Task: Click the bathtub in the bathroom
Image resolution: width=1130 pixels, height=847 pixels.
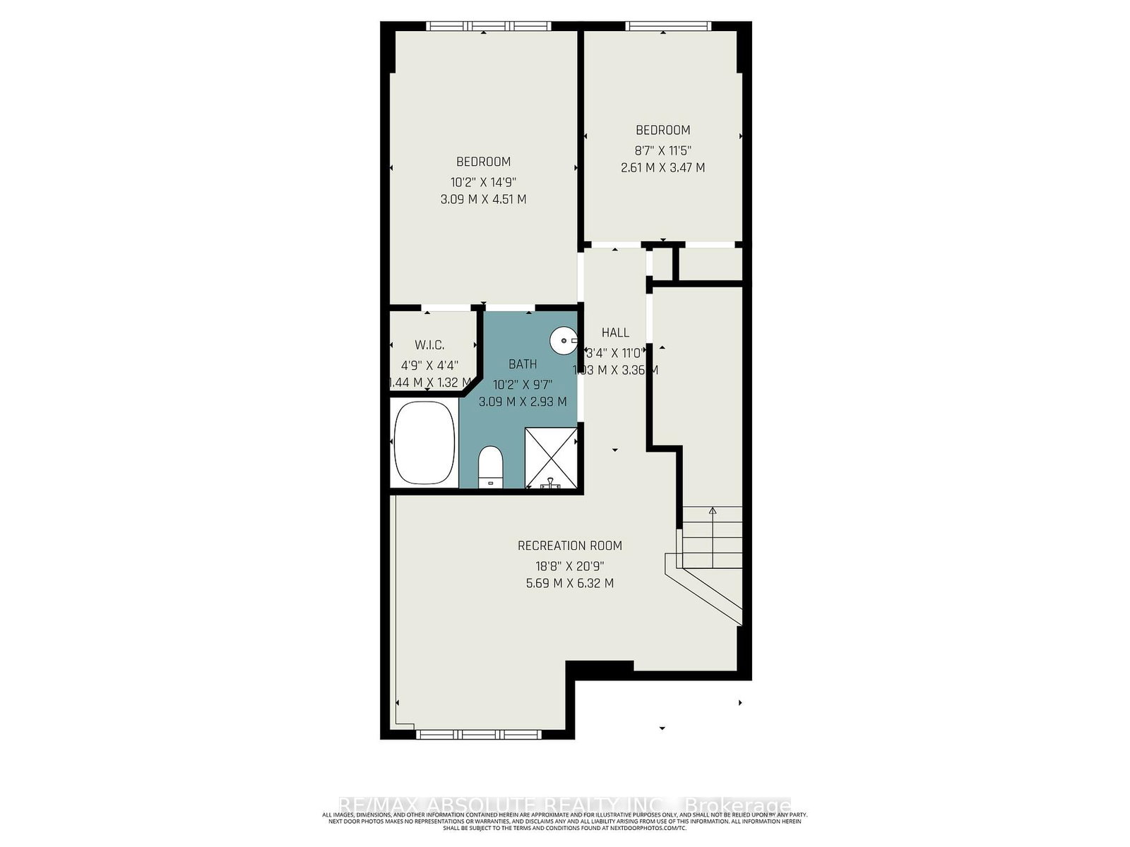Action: pyautogui.click(x=424, y=443)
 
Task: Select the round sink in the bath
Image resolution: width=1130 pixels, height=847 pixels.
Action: pyautogui.click(x=563, y=342)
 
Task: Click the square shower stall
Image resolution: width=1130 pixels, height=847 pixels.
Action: pyautogui.click(x=551, y=457)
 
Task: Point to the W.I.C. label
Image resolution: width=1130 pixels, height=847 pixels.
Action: pyautogui.click(x=429, y=345)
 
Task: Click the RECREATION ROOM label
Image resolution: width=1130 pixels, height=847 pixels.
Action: pyautogui.click(x=570, y=546)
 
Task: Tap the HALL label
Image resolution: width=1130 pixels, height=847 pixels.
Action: pyautogui.click(x=615, y=332)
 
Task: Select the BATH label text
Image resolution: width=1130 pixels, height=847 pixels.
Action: pyautogui.click(x=523, y=364)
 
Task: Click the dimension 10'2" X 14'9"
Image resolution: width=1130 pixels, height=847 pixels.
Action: pyautogui.click(x=483, y=181)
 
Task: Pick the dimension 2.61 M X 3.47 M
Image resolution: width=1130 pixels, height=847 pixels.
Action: pyautogui.click(x=662, y=168)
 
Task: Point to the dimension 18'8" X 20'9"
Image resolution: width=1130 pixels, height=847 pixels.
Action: pyautogui.click(x=570, y=565)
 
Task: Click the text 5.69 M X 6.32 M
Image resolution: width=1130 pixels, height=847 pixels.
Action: pyautogui.click(x=570, y=584)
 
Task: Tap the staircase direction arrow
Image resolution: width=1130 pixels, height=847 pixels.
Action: pyautogui.click(x=713, y=511)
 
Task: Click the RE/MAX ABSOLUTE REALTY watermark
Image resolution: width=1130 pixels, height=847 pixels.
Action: pyautogui.click(x=565, y=805)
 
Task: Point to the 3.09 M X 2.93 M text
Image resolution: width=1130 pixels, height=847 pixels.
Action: pyautogui.click(x=523, y=402)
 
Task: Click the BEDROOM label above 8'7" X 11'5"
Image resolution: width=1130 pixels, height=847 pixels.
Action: pyautogui.click(x=662, y=130)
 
